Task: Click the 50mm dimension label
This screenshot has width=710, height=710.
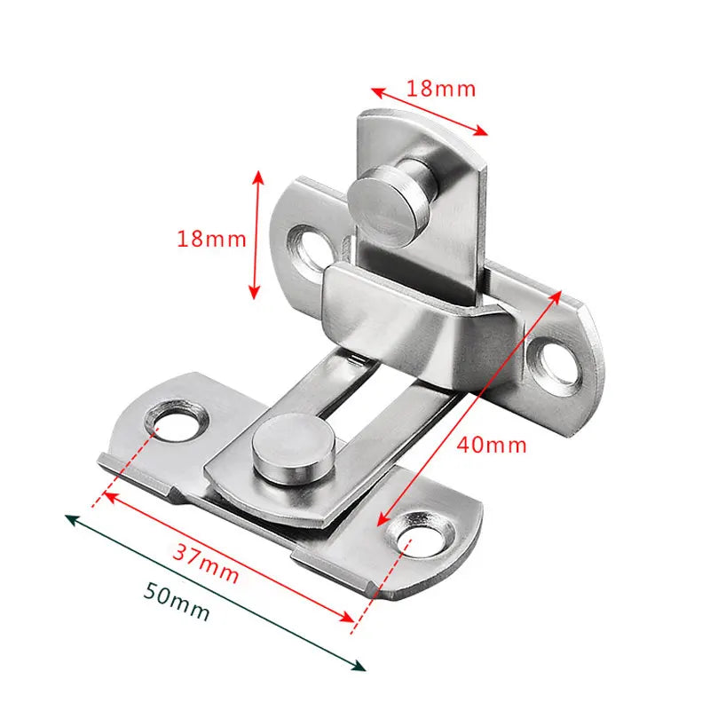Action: (177, 604)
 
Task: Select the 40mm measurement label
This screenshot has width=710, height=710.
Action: (492, 444)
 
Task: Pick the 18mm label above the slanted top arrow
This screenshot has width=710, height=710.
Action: (441, 88)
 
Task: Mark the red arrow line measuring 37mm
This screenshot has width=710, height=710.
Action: (231, 557)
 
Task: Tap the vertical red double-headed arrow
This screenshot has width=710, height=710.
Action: (257, 234)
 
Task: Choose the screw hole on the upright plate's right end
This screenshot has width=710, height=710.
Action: (556, 359)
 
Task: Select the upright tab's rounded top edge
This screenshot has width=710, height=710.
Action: (417, 124)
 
